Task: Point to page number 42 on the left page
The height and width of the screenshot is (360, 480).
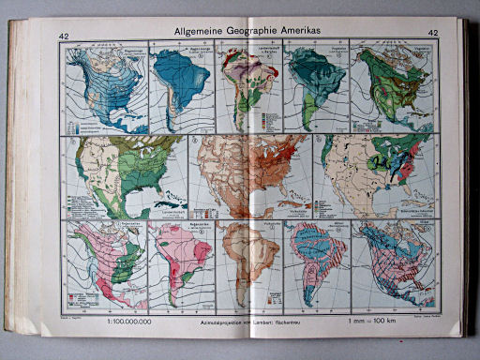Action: [x=65, y=37]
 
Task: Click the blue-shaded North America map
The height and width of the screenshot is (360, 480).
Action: [x=106, y=89]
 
